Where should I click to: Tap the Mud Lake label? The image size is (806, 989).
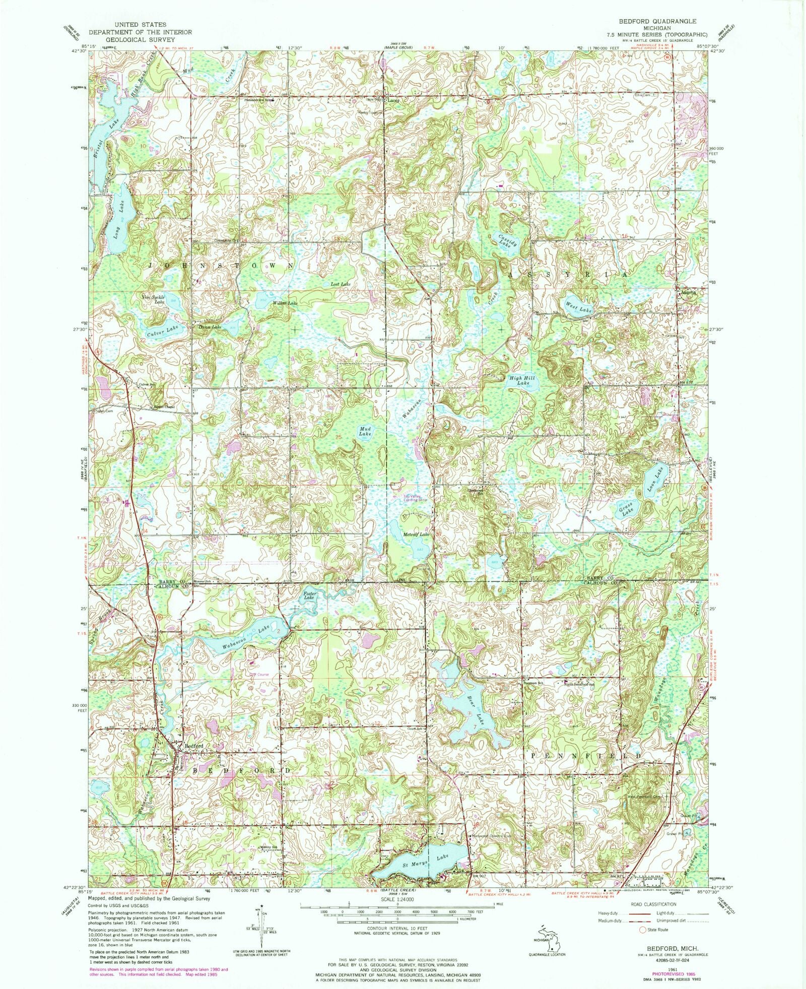pyautogui.click(x=365, y=431)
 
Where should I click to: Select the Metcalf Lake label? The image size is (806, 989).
pyautogui.click(x=416, y=534)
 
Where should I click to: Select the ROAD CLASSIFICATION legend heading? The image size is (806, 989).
pyautogui.click(x=653, y=904)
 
